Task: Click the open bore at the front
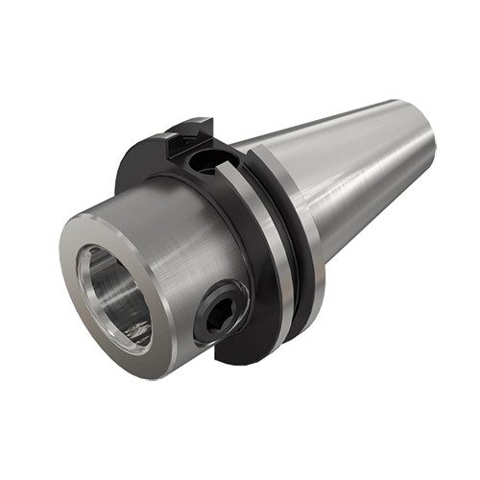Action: pos(113,294)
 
